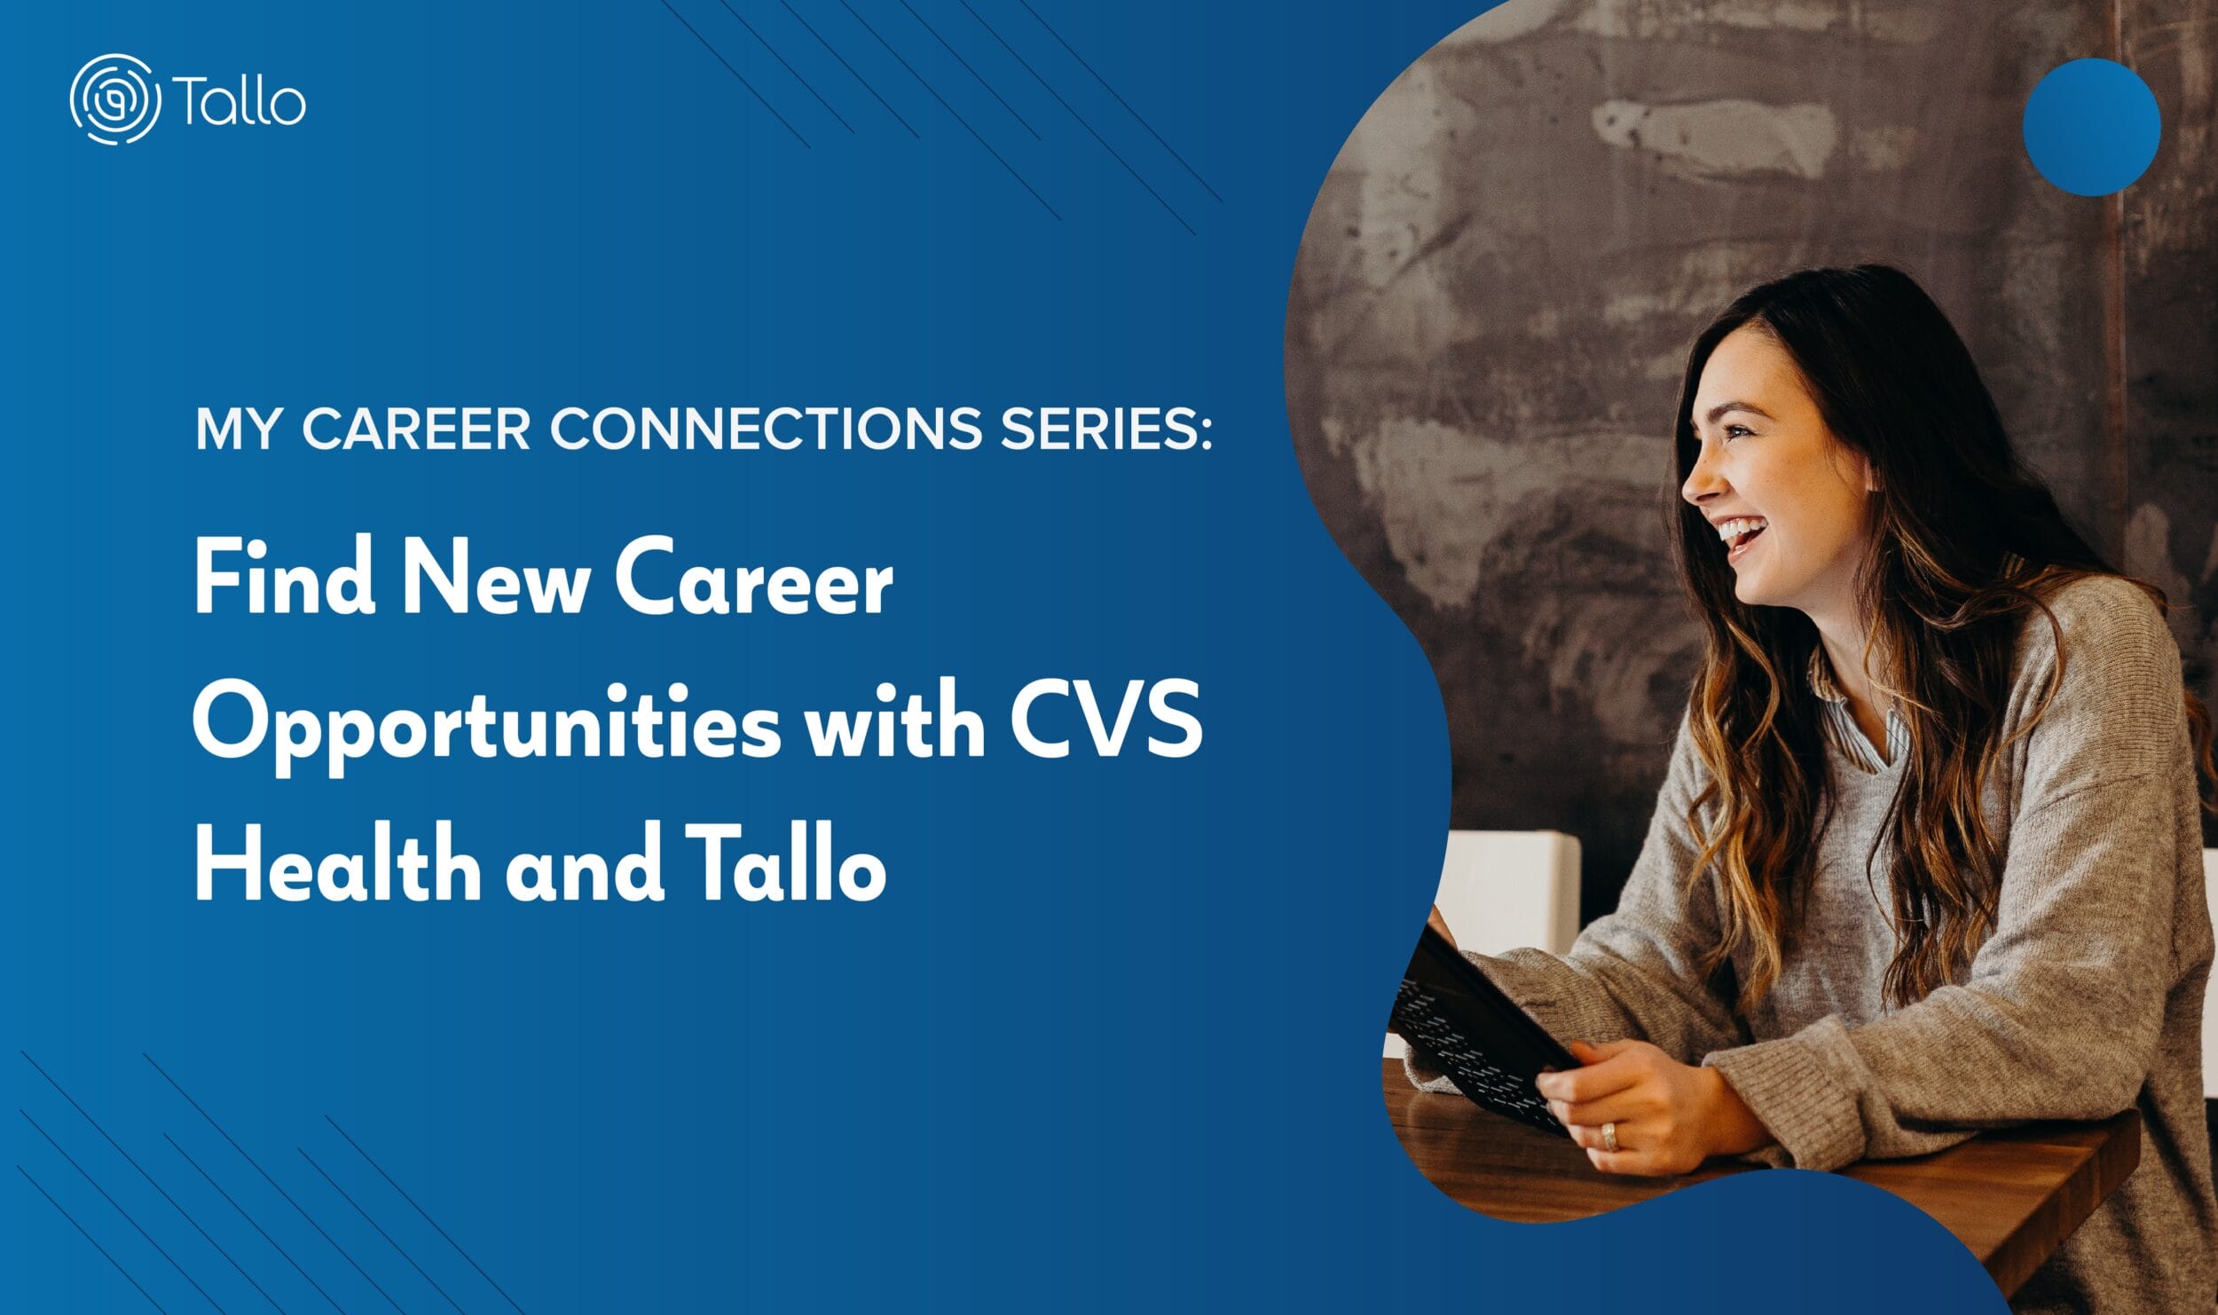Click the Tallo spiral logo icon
[x=115, y=99]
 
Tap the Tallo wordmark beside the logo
[x=240, y=100]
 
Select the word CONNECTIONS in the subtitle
[x=766, y=429]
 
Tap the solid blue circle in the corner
[x=2091, y=127]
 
